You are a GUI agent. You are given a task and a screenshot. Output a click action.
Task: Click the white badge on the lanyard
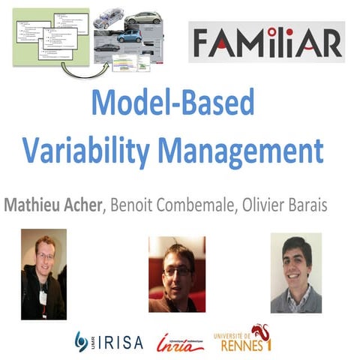pyautogui.click(x=43, y=298)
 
